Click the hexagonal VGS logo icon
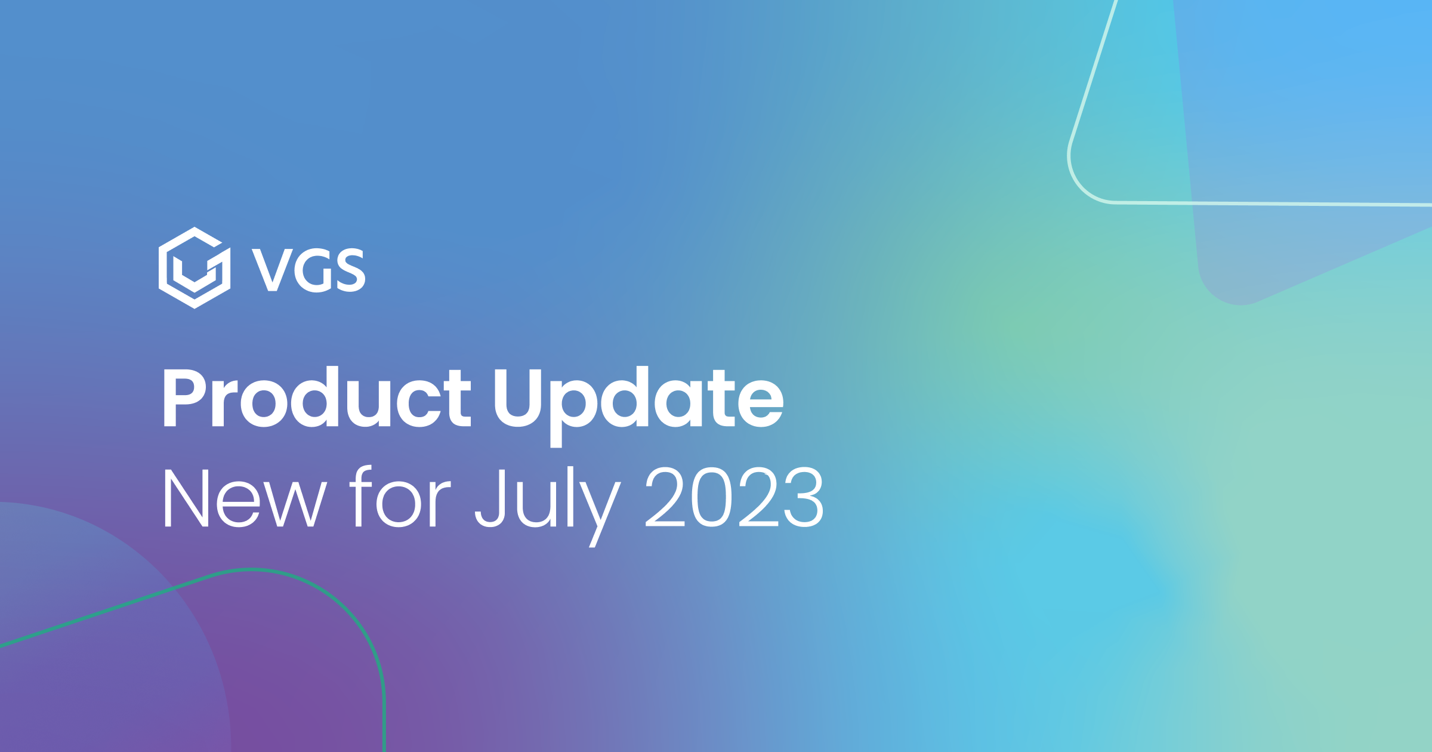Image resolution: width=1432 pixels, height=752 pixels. [195, 267]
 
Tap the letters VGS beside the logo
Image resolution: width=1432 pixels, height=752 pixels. [308, 270]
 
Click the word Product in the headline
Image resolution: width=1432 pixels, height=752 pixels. [316, 397]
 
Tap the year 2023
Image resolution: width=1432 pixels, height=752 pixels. [734, 498]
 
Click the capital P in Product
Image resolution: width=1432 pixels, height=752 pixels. [184, 397]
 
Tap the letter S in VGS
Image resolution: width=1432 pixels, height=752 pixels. [351, 270]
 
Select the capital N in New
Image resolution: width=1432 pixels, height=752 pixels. [186, 498]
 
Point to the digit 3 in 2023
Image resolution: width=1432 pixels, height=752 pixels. [804, 498]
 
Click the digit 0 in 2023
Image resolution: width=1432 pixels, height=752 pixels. [711, 498]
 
